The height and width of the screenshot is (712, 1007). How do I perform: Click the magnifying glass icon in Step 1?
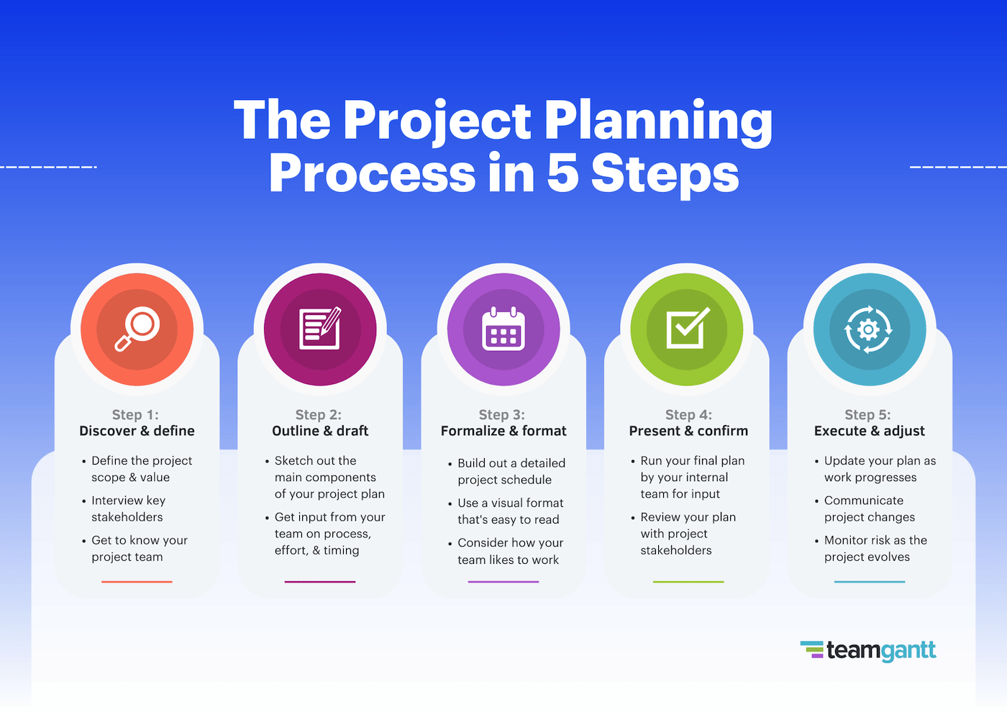(x=137, y=329)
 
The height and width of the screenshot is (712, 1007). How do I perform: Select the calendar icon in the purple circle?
(x=503, y=329)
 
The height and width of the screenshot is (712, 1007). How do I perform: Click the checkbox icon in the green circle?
(x=687, y=329)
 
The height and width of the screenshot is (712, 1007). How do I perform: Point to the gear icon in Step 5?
(x=869, y=330)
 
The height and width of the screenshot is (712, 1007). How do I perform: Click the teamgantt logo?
(x=868, y=650)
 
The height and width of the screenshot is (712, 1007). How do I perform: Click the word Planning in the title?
(x=657, y=121)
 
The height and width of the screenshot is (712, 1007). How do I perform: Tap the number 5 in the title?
(x=562, y=174)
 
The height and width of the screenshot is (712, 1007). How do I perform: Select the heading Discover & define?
(x=137, y=431)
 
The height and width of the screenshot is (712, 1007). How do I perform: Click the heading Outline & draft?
(x=320, y=431)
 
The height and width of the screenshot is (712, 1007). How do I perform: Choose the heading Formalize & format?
(x=503, y=431)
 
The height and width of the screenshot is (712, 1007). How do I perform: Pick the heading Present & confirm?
(x=688, y=431)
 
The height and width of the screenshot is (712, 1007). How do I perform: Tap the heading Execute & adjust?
(x=869, y=431)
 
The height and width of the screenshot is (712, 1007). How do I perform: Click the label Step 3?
(x=502, y=415)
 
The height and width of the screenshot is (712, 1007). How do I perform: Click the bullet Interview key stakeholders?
(x=128, y=508)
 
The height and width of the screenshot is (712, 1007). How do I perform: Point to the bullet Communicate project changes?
(x=869, y=508)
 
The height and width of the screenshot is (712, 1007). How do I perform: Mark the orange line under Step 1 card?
(x=137, y=581)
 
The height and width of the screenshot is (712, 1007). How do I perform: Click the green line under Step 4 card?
(x=688, y=581)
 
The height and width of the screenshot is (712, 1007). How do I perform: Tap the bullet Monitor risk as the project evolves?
(x=875, y=548)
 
